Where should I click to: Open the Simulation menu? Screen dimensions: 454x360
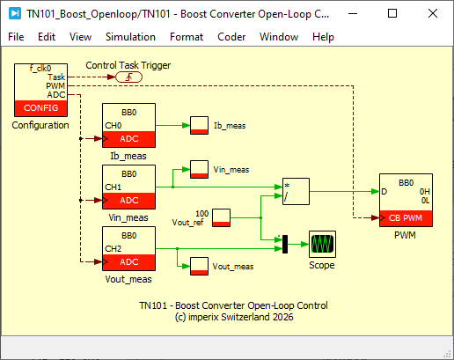130,37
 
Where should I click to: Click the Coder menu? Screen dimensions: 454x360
231,37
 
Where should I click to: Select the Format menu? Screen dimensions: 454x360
187,37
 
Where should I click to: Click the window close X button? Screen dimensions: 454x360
433,13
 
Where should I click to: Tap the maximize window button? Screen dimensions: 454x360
392,13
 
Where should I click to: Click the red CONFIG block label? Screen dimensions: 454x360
40,108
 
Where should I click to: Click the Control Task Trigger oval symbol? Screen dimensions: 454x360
128,77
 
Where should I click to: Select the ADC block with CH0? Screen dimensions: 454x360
128,125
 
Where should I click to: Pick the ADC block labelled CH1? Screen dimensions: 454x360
128,187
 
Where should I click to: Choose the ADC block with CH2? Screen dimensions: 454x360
128,248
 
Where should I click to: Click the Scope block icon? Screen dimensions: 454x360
322,244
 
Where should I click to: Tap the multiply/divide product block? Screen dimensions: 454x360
296,191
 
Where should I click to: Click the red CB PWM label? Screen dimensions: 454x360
406,218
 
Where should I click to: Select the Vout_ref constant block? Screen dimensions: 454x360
221,217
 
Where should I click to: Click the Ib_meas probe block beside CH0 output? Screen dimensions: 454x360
199,125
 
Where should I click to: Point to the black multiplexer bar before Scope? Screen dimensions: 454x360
285,244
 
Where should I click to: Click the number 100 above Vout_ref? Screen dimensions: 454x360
202,214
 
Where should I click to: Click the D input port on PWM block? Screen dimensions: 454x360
384,192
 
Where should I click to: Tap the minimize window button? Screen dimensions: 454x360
353,13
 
